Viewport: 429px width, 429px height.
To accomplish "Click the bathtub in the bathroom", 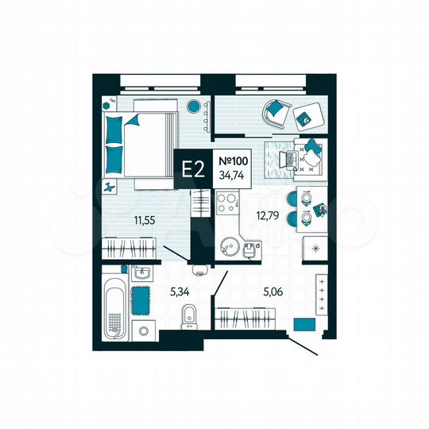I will tap(114, 306).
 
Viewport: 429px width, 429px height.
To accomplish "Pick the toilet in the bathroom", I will tap(188, 317).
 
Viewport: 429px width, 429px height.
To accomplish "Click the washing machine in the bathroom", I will tap(144, 331).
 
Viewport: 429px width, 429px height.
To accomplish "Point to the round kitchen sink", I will tap(229, 245).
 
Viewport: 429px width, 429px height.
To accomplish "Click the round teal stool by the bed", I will tap(193, 106).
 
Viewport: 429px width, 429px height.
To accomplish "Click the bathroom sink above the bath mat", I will tap(143, 274).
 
